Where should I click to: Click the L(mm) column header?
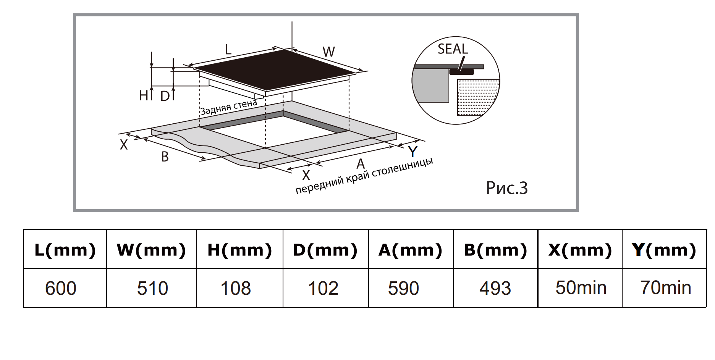(x=65, y=250)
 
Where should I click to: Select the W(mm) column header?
(x=151, y=250)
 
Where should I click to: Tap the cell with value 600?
(x=61, y=288)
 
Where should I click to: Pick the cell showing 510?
(x=152, y=288)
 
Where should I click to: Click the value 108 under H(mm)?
(x=236, y=288)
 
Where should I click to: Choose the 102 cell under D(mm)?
(x=323, y=288)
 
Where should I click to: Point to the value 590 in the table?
(x=403, y=288)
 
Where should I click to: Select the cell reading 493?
(x=495, y=288)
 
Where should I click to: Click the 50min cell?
(x=581, y=287)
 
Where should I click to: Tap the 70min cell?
(x=666, y=287)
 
